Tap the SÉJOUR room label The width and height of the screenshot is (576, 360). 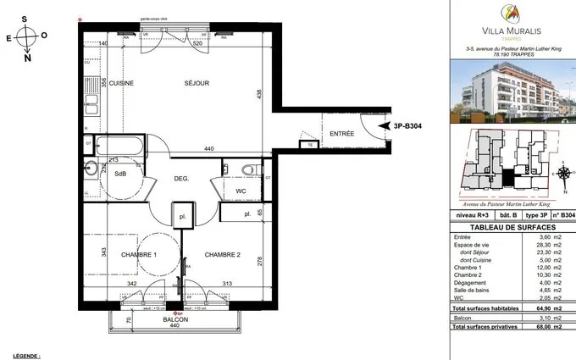coord(197,83)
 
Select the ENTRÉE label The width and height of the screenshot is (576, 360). coord(342,134)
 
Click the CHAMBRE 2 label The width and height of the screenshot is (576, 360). coord(223,255)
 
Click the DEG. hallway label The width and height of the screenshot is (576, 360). coord(181,179)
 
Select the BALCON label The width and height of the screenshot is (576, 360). coord(176,320)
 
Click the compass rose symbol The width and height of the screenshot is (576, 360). coord(26,37)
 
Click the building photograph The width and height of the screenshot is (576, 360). coord(510,94)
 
